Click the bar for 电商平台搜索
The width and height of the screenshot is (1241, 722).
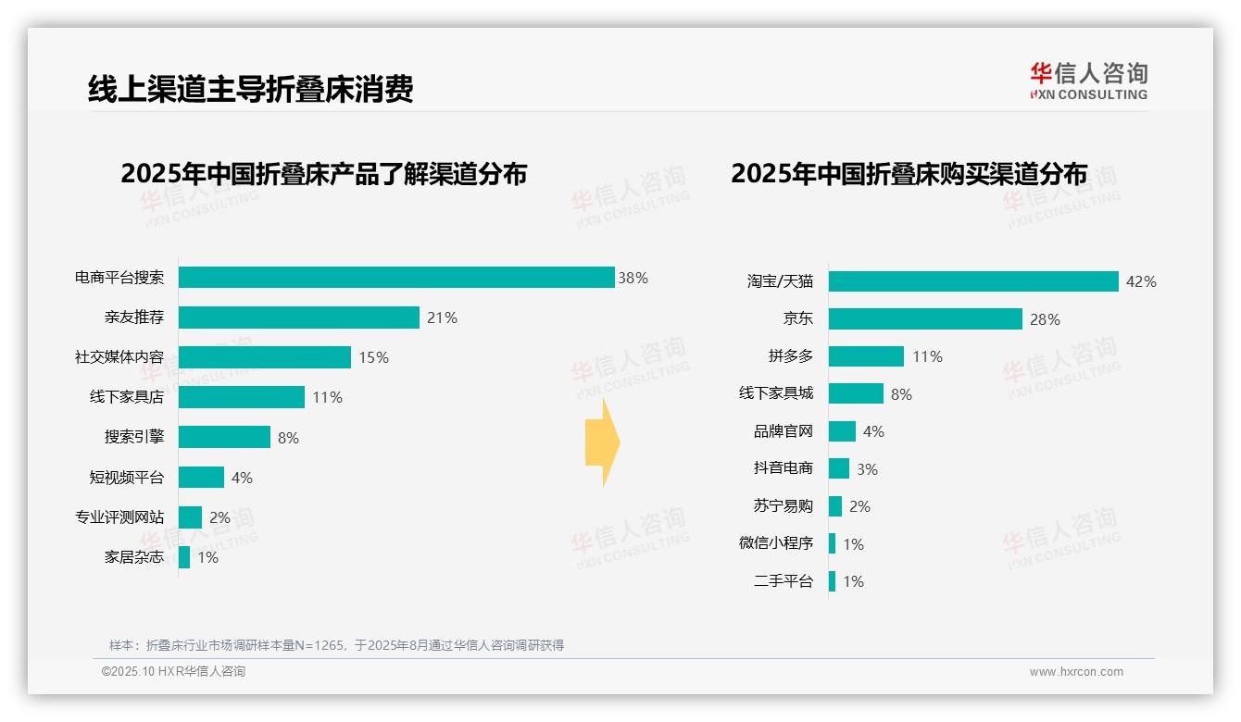coord(396,278)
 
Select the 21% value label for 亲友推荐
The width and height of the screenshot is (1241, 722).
coord(442,317)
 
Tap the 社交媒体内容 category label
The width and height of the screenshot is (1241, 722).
coord(119,357)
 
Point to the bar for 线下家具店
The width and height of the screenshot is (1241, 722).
coord(242,397)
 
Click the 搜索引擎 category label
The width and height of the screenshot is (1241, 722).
coord(134,437)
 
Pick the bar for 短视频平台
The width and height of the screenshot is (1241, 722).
coord(201,477)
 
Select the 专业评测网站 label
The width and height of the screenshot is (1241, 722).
coord(119,517)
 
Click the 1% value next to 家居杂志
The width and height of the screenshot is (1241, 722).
coord(207,557)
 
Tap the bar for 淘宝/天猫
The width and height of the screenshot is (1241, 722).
coord(973,281)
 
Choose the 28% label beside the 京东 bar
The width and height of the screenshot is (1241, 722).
coord(1045,319)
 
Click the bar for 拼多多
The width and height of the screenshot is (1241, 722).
coord(866,356)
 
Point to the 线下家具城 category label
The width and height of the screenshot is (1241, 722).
coord(776,393)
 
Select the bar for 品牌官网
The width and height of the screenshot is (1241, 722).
coord(842,431)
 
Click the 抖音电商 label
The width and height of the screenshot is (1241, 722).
coord(783,468)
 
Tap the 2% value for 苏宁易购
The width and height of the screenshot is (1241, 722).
coord(859,506)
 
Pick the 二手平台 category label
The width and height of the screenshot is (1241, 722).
coord(783,581)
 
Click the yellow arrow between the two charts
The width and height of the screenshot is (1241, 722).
coord(602,442)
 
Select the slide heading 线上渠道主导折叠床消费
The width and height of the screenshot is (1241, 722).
coord(250,89)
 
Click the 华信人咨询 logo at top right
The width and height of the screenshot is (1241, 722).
coord(1088,81)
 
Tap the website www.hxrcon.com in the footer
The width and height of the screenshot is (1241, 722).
coord(1076,671)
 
